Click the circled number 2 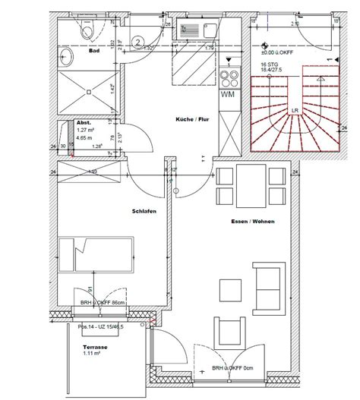[138, 42]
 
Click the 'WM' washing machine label [227, 96]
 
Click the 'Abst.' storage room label [84, 122]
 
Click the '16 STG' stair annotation [270, 66]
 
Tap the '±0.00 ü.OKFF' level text [277, 52]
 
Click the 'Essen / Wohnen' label [252, 222]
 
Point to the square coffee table [230, 289]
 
